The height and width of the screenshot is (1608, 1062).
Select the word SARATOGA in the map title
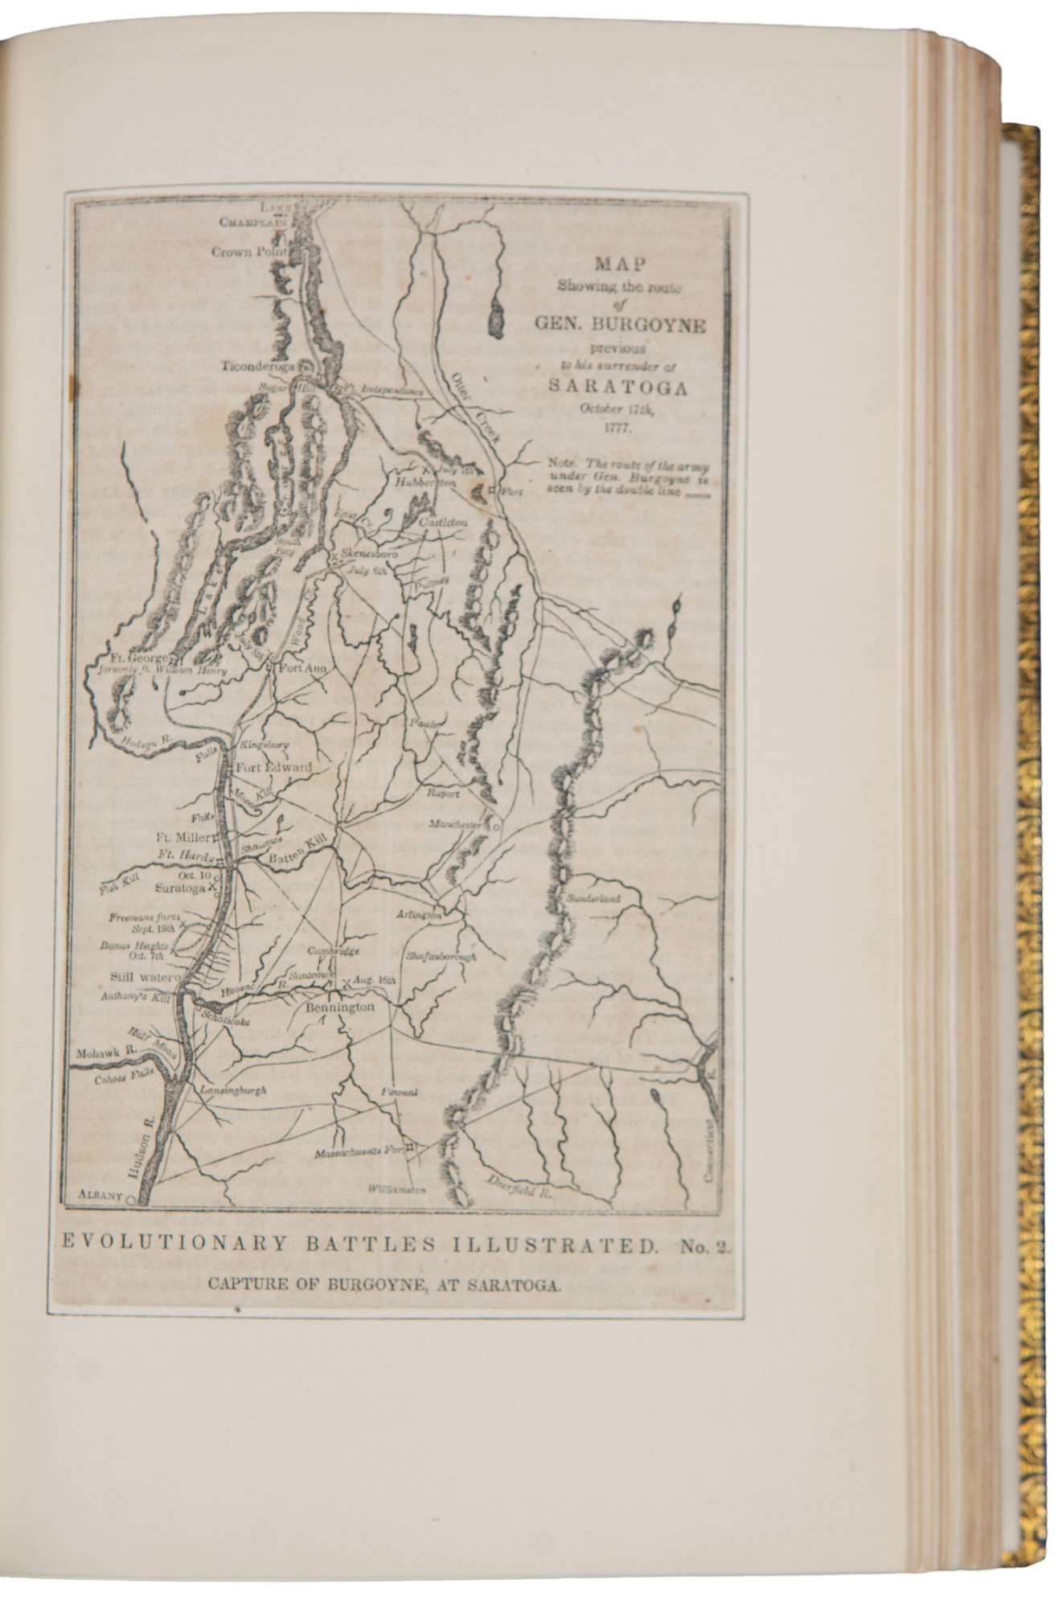click(617, 385)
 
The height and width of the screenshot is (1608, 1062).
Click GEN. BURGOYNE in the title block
click(617, 326)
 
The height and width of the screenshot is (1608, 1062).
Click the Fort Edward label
click(273, 767)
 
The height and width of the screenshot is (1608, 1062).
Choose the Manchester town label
click(454, 825)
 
